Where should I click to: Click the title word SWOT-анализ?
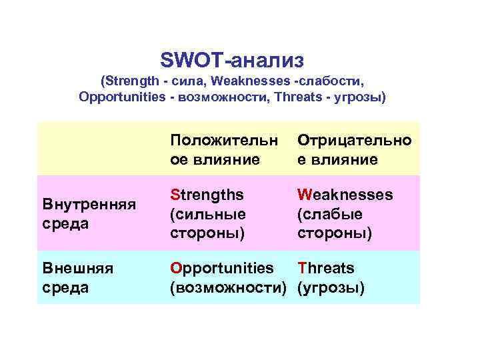click(232, 60)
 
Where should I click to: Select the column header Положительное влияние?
click(223, 149)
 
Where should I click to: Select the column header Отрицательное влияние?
click(354, 149)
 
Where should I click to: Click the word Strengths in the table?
click(207, 195)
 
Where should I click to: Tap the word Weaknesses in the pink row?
click(345, 195)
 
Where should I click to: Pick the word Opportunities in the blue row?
click(221, 268)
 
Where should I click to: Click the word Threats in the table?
click(325, 268)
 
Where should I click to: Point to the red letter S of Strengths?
click(175, 195)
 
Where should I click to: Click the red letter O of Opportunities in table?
click(175, 268)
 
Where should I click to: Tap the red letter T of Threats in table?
click(301, 268)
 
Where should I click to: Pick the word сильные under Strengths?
click(209, 214)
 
